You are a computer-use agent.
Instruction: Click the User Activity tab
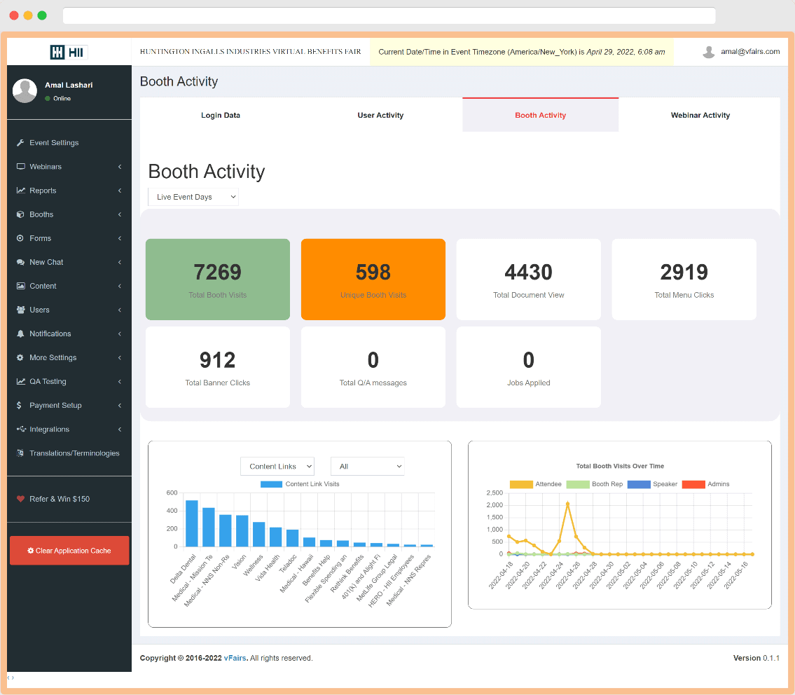(380, 115)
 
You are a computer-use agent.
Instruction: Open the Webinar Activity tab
(700, 115)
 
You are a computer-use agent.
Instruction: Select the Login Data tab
(221, 115)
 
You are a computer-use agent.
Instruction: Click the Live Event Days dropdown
(193, 197)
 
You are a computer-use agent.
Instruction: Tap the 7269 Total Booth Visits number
(217, 272)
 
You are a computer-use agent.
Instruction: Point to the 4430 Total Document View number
(528, 272)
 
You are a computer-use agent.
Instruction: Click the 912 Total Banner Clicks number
(217, 360)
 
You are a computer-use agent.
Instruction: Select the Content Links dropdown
(277, 467)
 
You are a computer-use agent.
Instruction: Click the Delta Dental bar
(191, 523)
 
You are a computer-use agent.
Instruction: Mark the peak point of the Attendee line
(567, 503)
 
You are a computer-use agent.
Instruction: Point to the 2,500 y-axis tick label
(493, 493)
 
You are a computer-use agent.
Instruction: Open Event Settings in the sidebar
(54, 143)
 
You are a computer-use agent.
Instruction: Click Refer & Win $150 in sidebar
(60, 499)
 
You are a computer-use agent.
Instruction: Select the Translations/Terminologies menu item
(74, 453)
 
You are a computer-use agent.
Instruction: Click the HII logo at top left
(69, 52)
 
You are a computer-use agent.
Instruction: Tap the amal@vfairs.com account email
(749, 52)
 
